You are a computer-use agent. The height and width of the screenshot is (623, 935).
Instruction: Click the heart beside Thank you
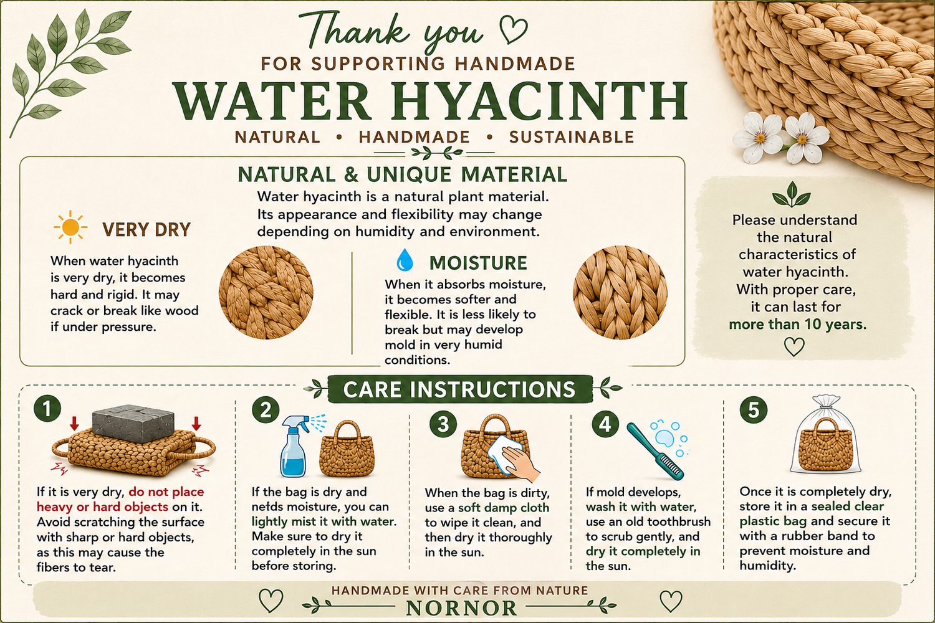pos(513,29)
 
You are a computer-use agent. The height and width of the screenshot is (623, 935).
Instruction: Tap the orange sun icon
pos(70,227)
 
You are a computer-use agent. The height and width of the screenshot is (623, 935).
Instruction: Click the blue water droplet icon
pos(405,260)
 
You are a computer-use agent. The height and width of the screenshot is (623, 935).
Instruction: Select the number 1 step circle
pos(47,409)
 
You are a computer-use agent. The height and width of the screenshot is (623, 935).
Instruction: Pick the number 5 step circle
pos(754,410)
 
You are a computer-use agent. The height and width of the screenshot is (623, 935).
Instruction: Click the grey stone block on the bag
pos(133,422)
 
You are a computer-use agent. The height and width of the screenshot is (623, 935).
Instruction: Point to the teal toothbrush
pos(655,450)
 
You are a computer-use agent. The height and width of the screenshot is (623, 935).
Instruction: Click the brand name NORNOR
pos(461,609)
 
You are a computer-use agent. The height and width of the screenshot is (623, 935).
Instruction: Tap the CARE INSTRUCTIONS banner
pos(460,389)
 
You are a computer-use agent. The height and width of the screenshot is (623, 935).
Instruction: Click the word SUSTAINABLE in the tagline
pos(572,137)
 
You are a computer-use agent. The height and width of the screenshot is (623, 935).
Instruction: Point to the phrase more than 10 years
pos(798,324)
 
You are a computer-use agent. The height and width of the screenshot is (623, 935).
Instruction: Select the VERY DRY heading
pos(146,229)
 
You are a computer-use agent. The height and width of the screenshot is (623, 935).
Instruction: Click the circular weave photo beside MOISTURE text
pos(620,292)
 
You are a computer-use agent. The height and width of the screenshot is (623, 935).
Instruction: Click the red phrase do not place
pos(166,492)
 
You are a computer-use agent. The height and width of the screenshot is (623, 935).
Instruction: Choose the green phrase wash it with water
pos(641,507)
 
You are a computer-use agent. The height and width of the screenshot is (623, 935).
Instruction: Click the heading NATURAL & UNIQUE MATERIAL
pos(403,174)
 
